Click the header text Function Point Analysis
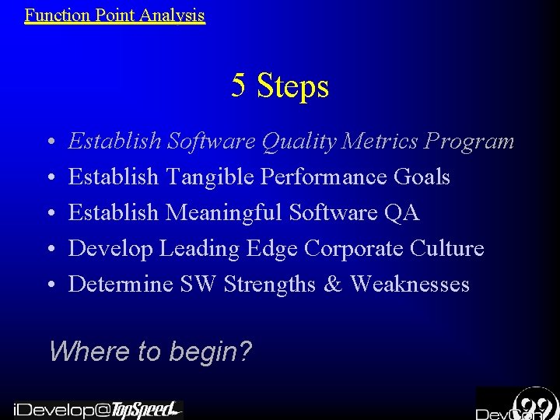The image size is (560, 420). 115,14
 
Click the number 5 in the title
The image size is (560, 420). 239,86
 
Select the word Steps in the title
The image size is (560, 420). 293,87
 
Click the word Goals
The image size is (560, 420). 422,177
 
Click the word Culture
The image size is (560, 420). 446,249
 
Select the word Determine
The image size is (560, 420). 120,285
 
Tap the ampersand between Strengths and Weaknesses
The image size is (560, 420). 331,285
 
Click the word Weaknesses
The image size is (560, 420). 410,285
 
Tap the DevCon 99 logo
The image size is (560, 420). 517,404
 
